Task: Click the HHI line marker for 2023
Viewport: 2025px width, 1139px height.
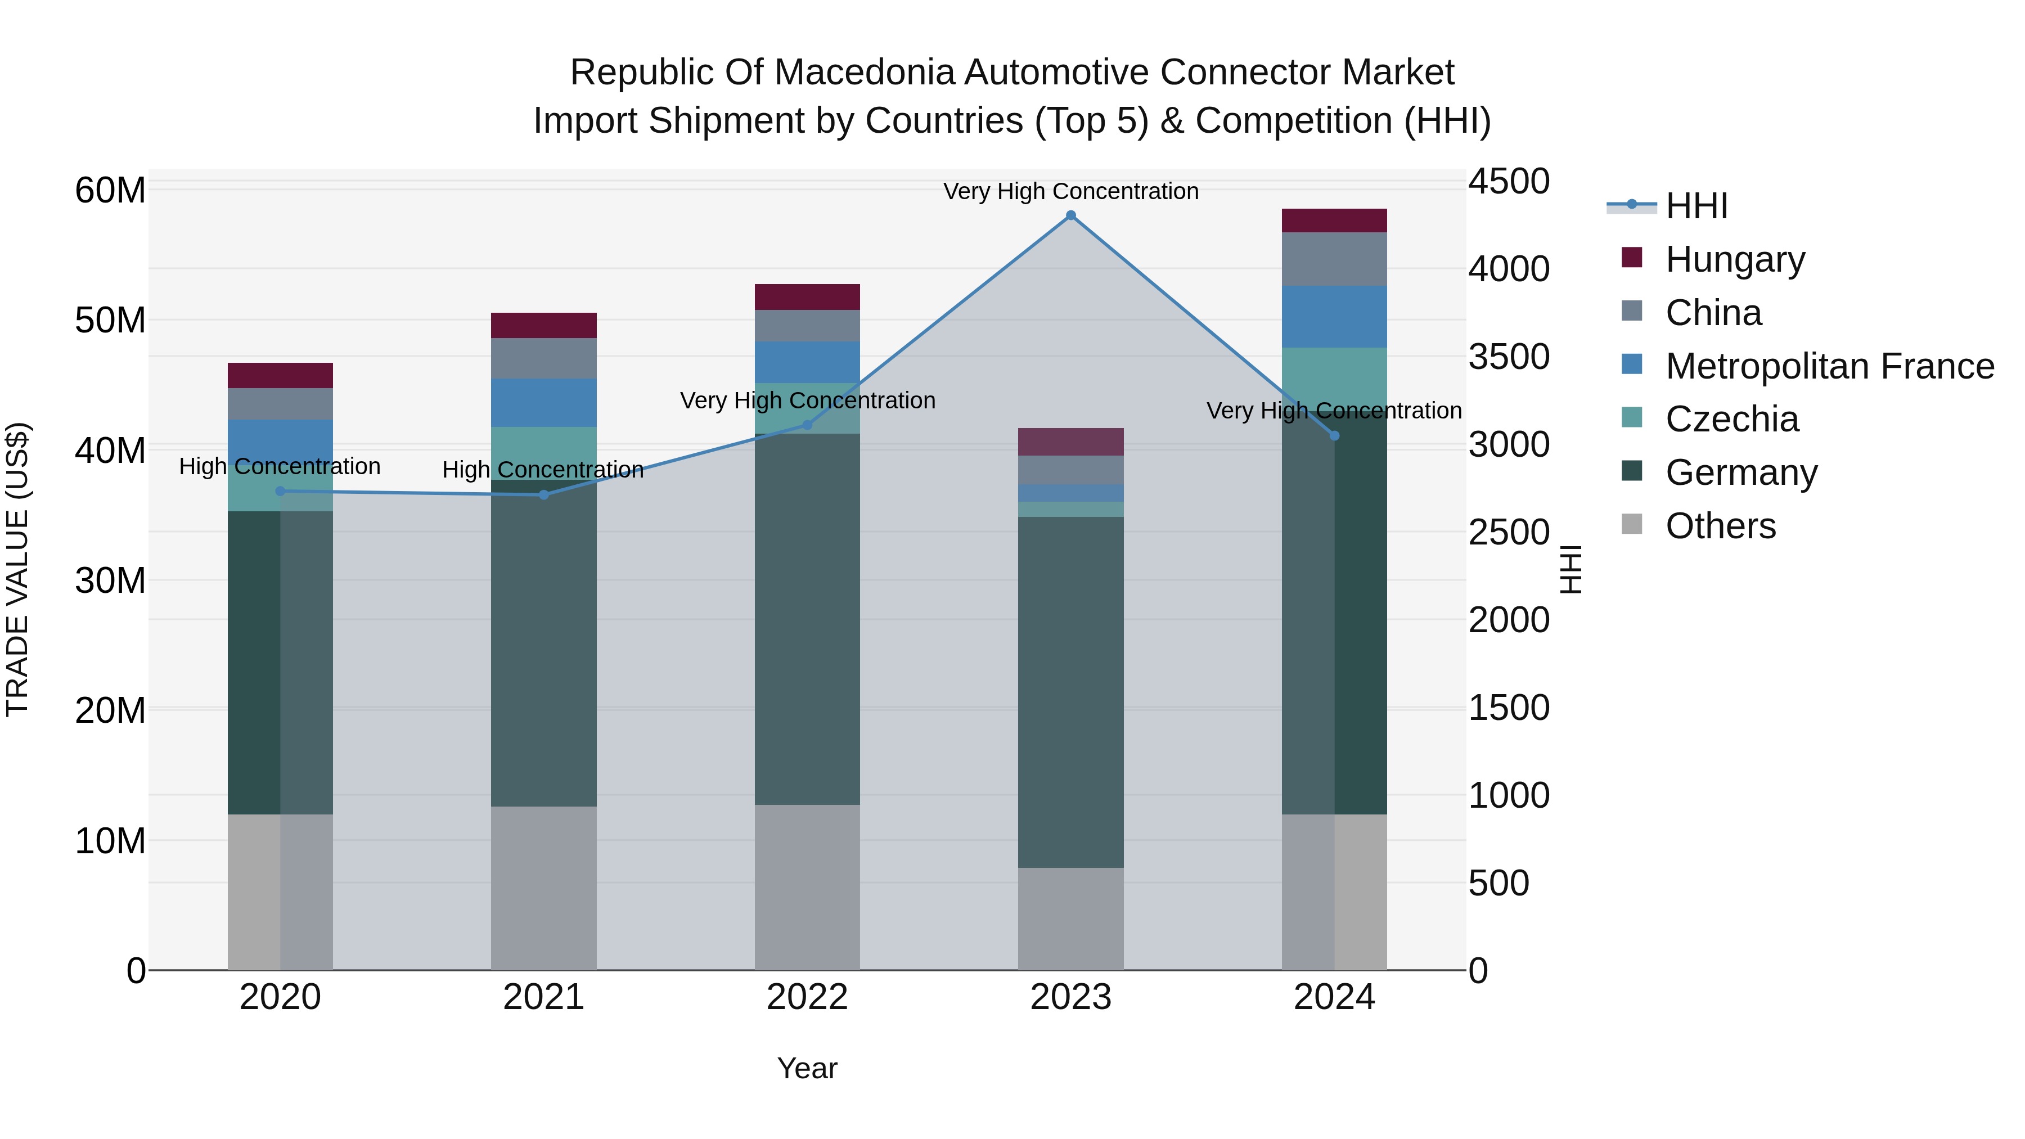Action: [1070, 215]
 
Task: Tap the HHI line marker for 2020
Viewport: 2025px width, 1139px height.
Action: [281, 491]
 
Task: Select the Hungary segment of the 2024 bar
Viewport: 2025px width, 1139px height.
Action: [1334, 221]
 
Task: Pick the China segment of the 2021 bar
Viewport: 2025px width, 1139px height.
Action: [543, 358]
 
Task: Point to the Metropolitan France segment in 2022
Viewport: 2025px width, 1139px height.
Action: [807, 362]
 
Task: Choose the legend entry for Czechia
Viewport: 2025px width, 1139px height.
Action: [1732, 419]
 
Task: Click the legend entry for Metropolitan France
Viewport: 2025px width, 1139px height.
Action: [1829, 366]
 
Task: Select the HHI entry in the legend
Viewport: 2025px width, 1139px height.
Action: [1696, 206]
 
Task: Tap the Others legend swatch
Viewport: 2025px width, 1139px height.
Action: [1632, 524]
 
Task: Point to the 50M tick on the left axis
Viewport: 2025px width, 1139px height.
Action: [110, 321]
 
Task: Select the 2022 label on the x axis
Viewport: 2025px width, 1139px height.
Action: [807, 997]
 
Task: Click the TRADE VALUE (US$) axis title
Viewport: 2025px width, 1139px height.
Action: [17, 569]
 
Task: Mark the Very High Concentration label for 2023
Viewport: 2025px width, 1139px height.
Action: [1070, 191]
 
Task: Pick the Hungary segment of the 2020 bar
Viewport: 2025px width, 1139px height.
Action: [281, 375]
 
